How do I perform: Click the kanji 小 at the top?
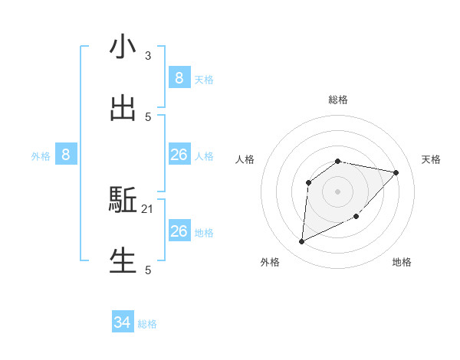(123, 47)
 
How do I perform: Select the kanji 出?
(123, 108)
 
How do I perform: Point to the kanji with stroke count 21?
(123, 201)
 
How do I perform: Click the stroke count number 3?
(148, 56)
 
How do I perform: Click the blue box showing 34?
(123, 322)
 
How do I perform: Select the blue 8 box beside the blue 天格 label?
(179, 78)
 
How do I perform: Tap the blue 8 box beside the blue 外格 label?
(66, 155)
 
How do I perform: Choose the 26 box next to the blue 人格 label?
(179, 155)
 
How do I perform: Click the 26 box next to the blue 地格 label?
(179, 231)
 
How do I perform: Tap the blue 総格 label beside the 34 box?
(147, 324)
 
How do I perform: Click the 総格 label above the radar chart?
(338, 100)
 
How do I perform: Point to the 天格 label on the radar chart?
(431, 159)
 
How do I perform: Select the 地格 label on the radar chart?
(402, 262)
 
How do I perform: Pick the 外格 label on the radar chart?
(270, 262)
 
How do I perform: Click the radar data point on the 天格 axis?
(396, 172)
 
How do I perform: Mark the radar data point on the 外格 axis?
(301, 242)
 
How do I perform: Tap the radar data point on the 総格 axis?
(338, 161)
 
